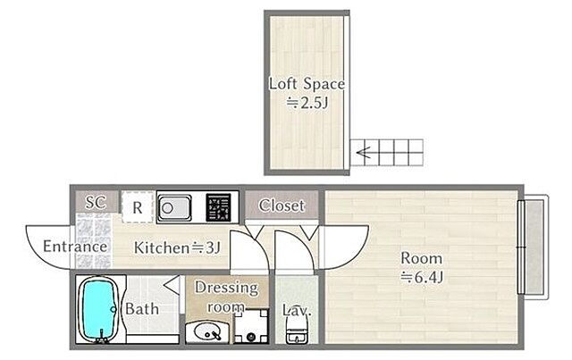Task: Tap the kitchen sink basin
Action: click(174, 208)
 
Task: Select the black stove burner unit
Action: click(218, 207)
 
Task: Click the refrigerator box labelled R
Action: click(137, 207)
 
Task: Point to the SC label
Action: click(96, 202)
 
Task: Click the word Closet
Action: click(282, 205)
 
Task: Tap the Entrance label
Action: click(75, 247)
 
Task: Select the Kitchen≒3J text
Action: click(177, 248)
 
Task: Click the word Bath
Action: click(142, 309)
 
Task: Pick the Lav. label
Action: click(297, 310)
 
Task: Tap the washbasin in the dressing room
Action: click(208, 332)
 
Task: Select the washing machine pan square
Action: click(251, 326)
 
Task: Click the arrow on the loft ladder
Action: click(364, 153)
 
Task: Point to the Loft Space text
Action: click(307, 84)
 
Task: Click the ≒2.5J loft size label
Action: click(307, 104)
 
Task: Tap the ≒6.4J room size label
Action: click(422, 278)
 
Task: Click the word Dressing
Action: click(227, 289)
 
